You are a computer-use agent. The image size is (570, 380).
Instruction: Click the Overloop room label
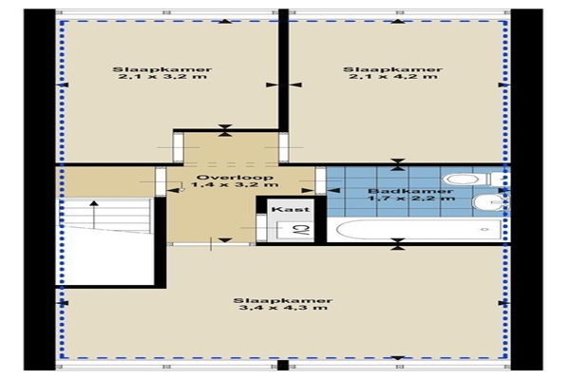[x=235, y=178]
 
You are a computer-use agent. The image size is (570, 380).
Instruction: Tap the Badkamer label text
[x=410, y=191]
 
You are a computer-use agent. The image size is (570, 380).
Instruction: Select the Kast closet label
[x=291, y=209]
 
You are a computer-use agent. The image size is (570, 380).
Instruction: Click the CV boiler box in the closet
[x=294, y=230]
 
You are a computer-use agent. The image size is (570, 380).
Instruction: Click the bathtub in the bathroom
[x=419, y=230]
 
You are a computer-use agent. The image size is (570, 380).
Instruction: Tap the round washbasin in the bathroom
[x=488, y=202]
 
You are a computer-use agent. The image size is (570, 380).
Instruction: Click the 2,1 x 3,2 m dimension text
[x=162, y=77]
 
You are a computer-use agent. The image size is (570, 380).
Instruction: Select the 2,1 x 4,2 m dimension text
[x=393, y=77]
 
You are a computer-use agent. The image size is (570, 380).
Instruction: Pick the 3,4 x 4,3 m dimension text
[x=283, y=308]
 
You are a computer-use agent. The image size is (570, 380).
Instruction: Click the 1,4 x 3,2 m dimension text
[x=235, y=184]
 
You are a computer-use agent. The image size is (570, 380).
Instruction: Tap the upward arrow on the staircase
[x=94, y=215]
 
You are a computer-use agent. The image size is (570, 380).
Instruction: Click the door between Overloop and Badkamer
[x=320, y=180]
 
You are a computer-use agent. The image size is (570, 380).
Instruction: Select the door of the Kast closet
[x=261, y=228]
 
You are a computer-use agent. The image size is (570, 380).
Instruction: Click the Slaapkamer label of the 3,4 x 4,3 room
[x=283, y=301]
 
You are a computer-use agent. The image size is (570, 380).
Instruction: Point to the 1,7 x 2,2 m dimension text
[x=411, y=199]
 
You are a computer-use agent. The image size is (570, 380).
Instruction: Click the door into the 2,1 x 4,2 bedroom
[x=284, y=147]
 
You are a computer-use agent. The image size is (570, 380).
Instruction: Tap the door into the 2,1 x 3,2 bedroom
[x=179, y=147]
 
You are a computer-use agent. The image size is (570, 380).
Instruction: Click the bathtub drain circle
[x=484, y=230]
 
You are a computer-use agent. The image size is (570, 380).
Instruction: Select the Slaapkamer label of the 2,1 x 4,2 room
[x=393, y=69]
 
